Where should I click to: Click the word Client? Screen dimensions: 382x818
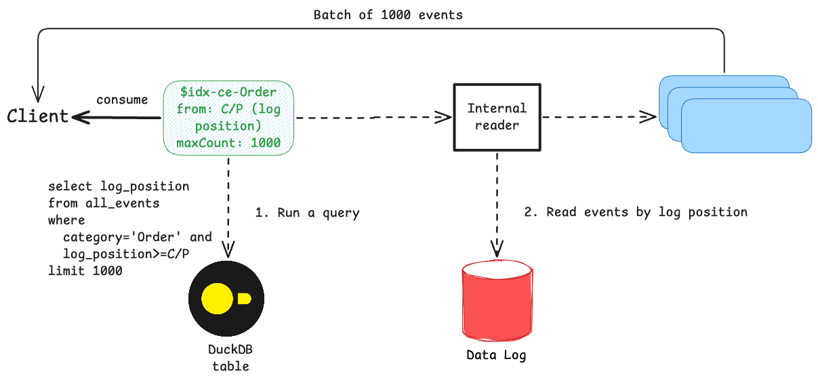click(x=38, y=116)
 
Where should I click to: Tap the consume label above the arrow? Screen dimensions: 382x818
click(x=122, y=100)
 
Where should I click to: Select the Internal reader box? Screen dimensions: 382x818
click(x=497, y=116)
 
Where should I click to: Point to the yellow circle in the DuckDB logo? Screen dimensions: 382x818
click(x=218, y=299)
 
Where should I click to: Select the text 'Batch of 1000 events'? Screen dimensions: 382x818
click(x=388, y=15)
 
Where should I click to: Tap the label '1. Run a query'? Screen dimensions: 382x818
click(x=307, y=213)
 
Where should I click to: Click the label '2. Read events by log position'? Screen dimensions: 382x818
click(x=636, y=212)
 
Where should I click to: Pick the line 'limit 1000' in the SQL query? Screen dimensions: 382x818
click(x=85, y=271)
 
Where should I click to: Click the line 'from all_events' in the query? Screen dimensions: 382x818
click(x=104, y=203)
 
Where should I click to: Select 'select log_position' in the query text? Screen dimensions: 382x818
click(x=119, y=186)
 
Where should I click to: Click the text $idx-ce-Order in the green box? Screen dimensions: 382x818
click(x=228, y=91)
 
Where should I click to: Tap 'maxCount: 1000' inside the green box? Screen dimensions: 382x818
click(x=228, y=144)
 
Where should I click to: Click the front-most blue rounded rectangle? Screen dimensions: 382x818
click(x=746, y=126)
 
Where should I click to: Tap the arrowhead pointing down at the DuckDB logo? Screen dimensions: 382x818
click(x=228, y=249)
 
